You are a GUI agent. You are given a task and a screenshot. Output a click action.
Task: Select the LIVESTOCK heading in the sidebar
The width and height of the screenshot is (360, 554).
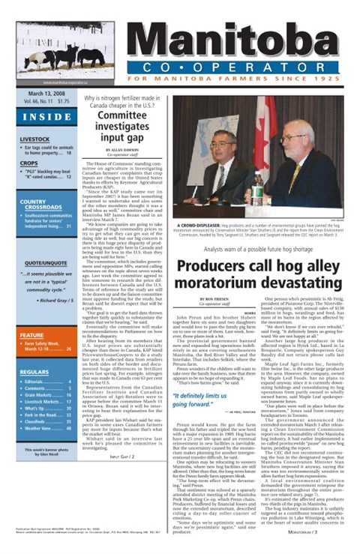[35, 139]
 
